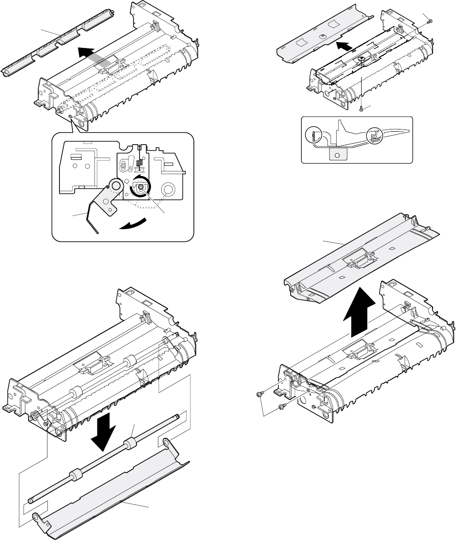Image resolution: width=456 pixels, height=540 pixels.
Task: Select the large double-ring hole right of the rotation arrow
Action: (168, 189)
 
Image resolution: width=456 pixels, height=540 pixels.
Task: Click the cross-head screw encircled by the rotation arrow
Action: (139, 188)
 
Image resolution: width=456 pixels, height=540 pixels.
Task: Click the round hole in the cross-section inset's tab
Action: (337, 155)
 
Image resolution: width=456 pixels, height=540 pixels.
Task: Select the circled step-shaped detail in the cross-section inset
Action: (372, 137)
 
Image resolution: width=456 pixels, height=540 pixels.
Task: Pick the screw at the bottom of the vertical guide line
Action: (362, 108)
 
